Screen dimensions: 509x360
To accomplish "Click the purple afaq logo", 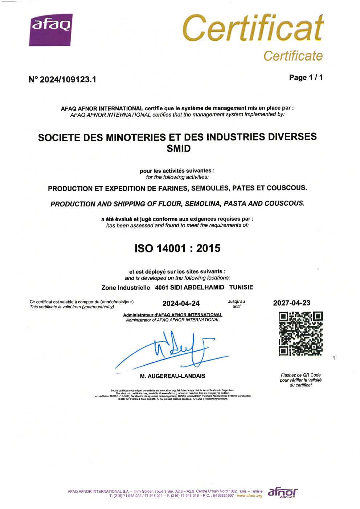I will pos(51,30).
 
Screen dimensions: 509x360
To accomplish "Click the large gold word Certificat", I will pos(253,28).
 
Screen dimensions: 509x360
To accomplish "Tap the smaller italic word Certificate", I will pos(292,56).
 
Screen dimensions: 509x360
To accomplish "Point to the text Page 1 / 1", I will pos(306,77).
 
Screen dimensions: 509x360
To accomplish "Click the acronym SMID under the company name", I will pos(179,148).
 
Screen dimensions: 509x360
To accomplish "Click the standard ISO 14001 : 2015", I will pos(177,248).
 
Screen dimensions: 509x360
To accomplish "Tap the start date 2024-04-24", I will pos(181,303).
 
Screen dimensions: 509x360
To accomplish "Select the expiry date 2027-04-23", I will pos(291,303).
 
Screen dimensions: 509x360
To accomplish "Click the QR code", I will pos(300,334).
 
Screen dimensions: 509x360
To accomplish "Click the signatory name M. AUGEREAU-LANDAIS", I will pos(172,376).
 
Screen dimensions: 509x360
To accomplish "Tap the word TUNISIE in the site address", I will pos(241,287).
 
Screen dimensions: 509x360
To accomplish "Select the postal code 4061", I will pos(161,287).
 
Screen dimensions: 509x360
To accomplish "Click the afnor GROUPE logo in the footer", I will pos(282,492).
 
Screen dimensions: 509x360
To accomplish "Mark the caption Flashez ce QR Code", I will pos(300,375).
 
